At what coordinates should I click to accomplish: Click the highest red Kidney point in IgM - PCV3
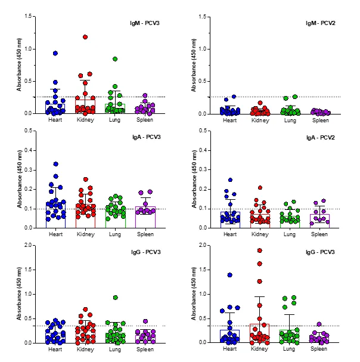tap(85, 37)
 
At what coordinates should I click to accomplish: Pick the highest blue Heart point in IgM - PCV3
tap(55, 54)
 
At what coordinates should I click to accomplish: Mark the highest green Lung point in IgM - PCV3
tap(114, 59)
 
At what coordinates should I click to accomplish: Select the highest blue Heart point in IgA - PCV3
tap(55, 164)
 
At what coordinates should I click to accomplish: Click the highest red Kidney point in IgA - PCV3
tap(85, 180)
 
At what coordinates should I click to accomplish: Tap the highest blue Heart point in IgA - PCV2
tap(229, 180)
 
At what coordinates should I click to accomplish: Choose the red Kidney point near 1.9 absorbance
tap(260, 250)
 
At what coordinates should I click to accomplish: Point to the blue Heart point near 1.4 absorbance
tap(229, 275)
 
